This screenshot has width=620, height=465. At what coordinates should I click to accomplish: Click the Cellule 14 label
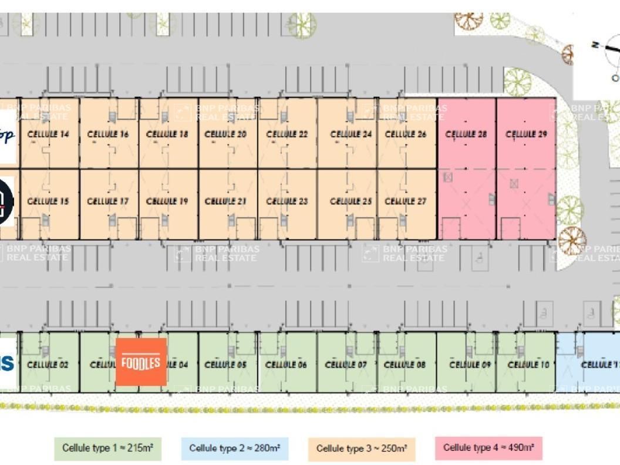[x=49, y=134]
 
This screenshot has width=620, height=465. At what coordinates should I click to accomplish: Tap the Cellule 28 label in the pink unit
[x=466, y=134]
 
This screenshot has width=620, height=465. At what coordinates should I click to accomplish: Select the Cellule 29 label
[x=526, y=134]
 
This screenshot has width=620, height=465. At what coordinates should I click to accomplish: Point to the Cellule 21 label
[x=225, y=201]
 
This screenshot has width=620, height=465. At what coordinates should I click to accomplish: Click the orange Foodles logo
[x=141, y=362]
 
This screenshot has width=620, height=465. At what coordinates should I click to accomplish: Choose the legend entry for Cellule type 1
[x=107, y=449]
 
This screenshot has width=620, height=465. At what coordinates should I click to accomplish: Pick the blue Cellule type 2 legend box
[x=234, y=449]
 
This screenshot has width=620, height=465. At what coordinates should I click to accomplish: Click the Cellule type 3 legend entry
[x=362, y=449]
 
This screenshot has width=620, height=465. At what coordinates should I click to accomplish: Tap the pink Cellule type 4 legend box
[x=488, y=448]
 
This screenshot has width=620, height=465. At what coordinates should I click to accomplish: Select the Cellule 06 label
[x=286, y=365]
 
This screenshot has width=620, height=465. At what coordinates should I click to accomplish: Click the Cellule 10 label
[x=528, y=365]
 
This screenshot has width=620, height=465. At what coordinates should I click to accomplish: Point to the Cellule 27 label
[x=406, y=201]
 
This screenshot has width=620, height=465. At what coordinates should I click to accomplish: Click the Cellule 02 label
[x=48, y=365]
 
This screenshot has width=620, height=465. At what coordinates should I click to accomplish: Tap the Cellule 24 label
[x=351, y=134]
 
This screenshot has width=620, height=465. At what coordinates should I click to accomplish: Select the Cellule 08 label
[x=405, y=365]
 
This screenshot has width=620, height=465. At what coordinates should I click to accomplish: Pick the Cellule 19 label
[x=167, y=201]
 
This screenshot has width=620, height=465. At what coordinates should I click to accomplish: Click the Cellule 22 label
[x=287, y=134]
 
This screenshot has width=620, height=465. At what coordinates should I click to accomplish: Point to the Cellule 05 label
[x=225, y=365]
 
